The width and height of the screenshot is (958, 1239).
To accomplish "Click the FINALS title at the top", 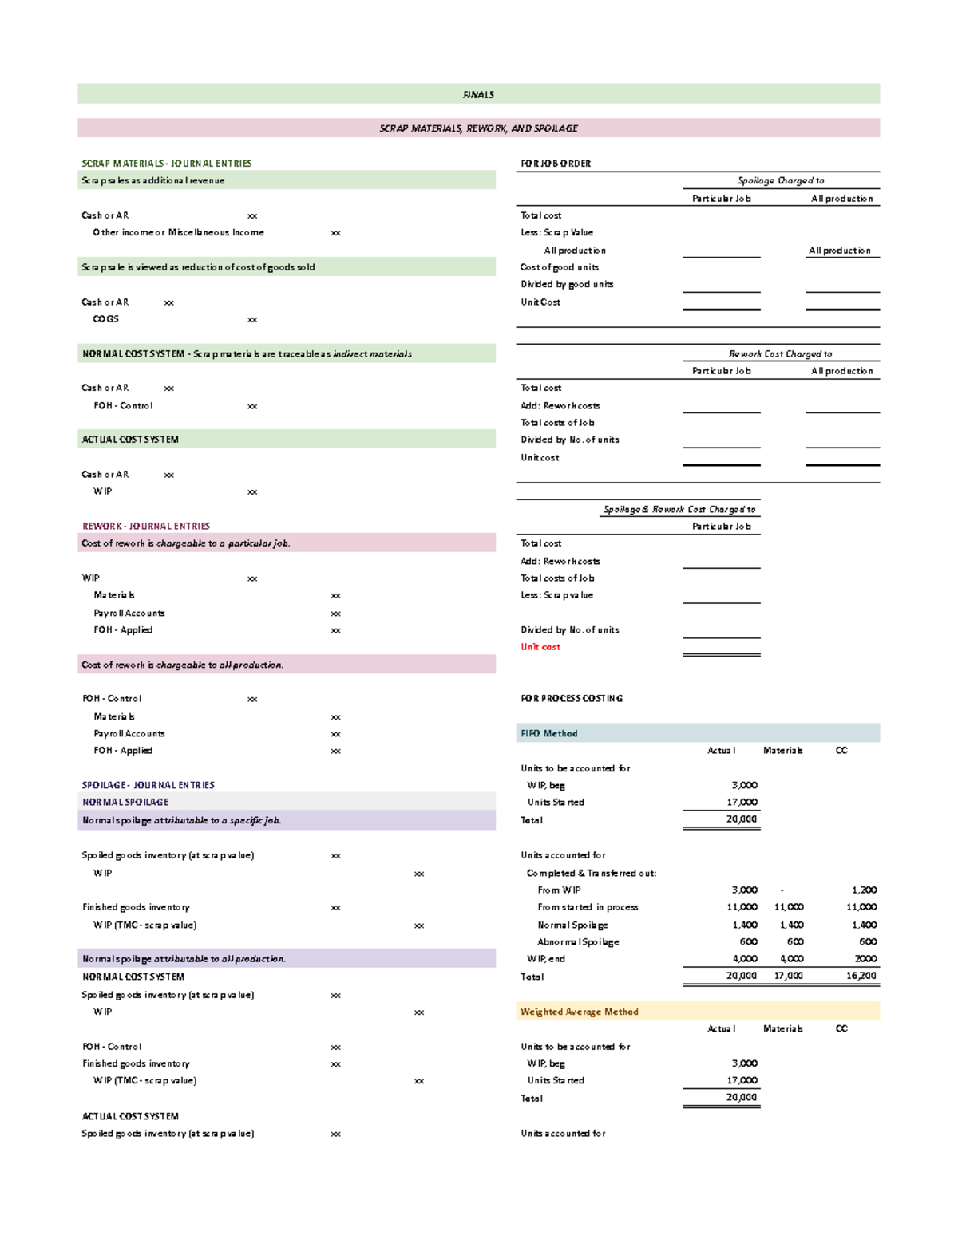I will tap(478, 94).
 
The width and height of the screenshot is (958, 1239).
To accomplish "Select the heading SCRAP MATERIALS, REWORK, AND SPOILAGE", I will tap(478, 128).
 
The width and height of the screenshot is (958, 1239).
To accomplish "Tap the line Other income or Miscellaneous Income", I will tap(178, 233).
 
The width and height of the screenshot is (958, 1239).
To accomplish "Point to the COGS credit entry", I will tap(105, 319).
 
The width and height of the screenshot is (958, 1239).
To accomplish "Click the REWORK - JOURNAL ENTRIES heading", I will tap(146, 527).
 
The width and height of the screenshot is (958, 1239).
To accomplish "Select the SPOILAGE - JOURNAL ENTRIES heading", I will tap(148, 785).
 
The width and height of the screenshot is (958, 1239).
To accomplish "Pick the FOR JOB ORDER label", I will tap(556, 164).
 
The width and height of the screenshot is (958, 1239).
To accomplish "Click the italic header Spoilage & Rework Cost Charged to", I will tap(679, 510).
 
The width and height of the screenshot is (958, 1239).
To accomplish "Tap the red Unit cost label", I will tap(540, 647).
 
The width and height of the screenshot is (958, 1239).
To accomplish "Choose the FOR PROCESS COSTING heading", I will tap(572, 699).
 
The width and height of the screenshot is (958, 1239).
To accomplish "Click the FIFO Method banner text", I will tap(548, 734).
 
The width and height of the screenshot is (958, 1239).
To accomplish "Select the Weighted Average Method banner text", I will tap(579, 1012).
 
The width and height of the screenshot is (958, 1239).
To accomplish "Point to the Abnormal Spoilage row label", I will tap(578, 942).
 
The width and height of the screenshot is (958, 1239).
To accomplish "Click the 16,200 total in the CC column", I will tap(861, 976).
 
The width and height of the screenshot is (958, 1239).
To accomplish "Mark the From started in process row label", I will tap(588, 907).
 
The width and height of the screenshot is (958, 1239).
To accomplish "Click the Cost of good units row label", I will tap(559, 267).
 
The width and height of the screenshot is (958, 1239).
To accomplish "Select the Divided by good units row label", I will tap(567, 285).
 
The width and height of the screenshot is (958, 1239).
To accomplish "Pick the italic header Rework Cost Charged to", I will tap(780, 354).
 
